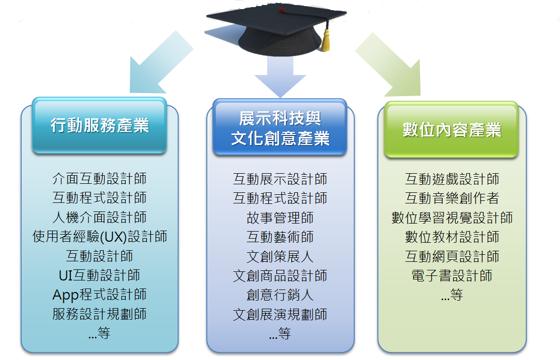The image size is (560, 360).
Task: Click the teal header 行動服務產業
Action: point(99,125)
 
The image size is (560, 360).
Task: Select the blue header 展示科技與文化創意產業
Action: point(280,127)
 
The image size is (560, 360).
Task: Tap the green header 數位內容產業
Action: point(451,130)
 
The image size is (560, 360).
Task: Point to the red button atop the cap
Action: point(282,11)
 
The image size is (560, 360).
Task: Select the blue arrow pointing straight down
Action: point(280,76)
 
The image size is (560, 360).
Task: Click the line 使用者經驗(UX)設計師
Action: point(100,237)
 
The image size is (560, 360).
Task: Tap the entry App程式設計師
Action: point(100,295)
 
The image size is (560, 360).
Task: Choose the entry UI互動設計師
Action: point(100,275)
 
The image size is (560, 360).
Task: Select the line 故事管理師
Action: point(280,218)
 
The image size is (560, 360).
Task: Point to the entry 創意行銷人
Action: point(280,295)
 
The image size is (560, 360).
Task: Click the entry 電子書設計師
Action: point(452,275)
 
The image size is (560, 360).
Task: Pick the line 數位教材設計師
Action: point(452,237)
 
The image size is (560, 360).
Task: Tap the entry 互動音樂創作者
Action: point(452,198)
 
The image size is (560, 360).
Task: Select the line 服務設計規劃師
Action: point(100,314)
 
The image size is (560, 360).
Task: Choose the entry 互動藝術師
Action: point(280,237)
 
